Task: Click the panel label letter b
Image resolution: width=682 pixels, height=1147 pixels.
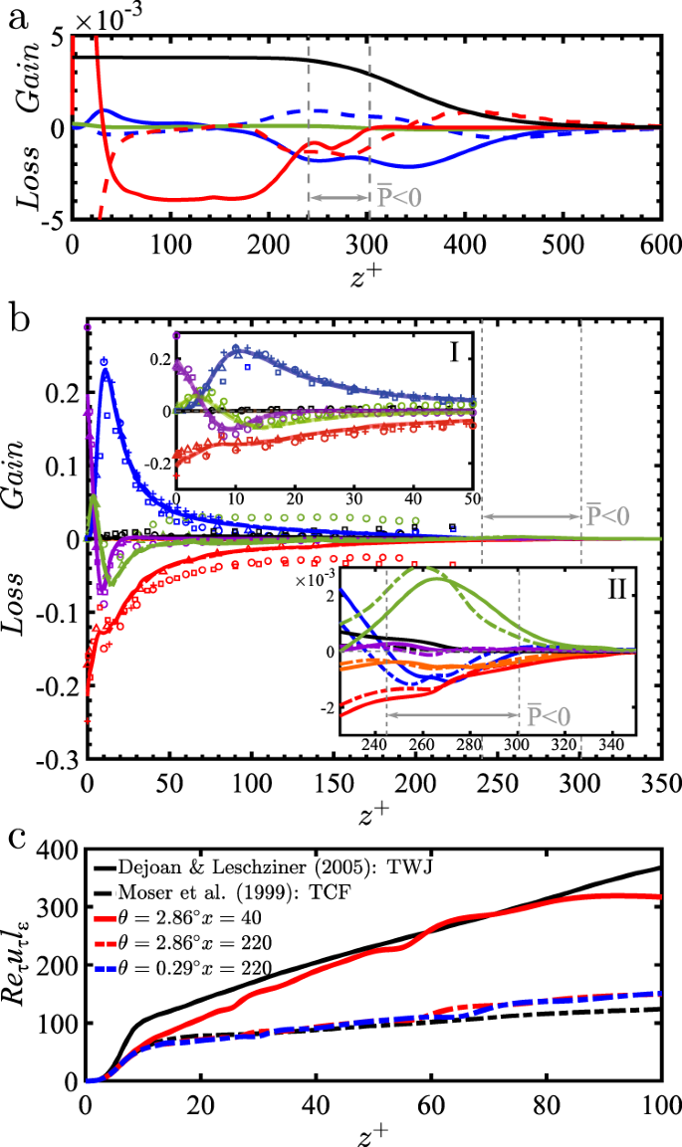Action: coord(17,319)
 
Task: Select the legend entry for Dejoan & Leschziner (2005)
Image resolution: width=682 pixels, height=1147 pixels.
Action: coord(264,864)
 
